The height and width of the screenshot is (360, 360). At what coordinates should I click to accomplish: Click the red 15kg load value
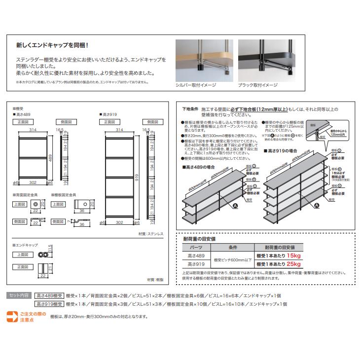[293, 256]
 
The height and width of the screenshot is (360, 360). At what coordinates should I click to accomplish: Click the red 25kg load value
[293, 264]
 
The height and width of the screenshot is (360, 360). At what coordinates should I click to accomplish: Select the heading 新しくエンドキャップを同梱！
[52, 45]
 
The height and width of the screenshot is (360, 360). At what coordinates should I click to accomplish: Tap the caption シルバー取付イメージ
[196, 85]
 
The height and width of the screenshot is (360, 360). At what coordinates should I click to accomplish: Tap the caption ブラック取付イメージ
[258, 85]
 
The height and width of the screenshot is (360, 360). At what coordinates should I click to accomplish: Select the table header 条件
[233, 248]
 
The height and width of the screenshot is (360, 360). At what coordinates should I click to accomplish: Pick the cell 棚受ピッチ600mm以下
[233, 260]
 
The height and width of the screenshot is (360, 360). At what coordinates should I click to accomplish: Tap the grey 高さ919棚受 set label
[49, 304]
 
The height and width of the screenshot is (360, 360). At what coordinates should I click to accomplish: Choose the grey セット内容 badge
[20, 295]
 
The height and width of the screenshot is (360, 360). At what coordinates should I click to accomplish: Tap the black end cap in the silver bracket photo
[202, 64]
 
